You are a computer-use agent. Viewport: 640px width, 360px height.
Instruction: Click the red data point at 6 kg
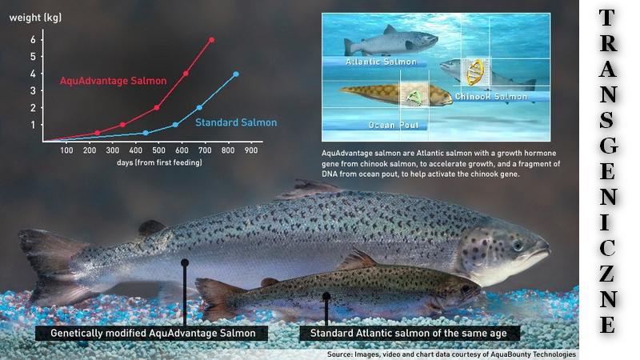point(211,40)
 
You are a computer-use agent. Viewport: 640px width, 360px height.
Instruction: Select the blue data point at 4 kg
point(236,74)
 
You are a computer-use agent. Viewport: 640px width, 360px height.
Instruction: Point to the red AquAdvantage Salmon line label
point(113,81)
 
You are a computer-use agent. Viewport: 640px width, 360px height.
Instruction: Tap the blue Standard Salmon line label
point(236,122)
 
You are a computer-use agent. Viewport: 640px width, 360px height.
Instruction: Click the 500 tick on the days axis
point(158,150)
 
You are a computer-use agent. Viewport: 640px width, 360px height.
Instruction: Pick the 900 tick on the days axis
point(251,150)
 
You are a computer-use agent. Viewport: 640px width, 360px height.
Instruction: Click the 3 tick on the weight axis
point(33,90)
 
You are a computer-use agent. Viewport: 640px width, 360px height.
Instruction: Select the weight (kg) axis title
point(35,18)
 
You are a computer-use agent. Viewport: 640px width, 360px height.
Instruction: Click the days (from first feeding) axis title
point(159,162)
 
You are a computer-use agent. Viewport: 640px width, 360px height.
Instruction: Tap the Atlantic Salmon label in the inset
point(381,62)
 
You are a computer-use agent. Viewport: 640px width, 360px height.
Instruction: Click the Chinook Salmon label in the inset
point(491,97)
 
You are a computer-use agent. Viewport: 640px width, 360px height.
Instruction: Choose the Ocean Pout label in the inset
point(394,126)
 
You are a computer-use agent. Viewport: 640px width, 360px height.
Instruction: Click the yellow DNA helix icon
point(475,72)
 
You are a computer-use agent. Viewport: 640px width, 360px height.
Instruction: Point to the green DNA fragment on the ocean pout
point(414,98)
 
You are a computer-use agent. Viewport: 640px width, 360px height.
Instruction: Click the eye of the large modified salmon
point(518,245)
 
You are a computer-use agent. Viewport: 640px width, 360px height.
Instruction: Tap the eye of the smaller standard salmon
point(466,290)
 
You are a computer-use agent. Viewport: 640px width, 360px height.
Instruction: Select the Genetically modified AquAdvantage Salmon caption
point(153,333)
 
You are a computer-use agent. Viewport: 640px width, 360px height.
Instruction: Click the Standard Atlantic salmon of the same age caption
point(409,333)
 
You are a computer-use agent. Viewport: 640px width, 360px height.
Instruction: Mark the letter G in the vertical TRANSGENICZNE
point(608,146)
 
